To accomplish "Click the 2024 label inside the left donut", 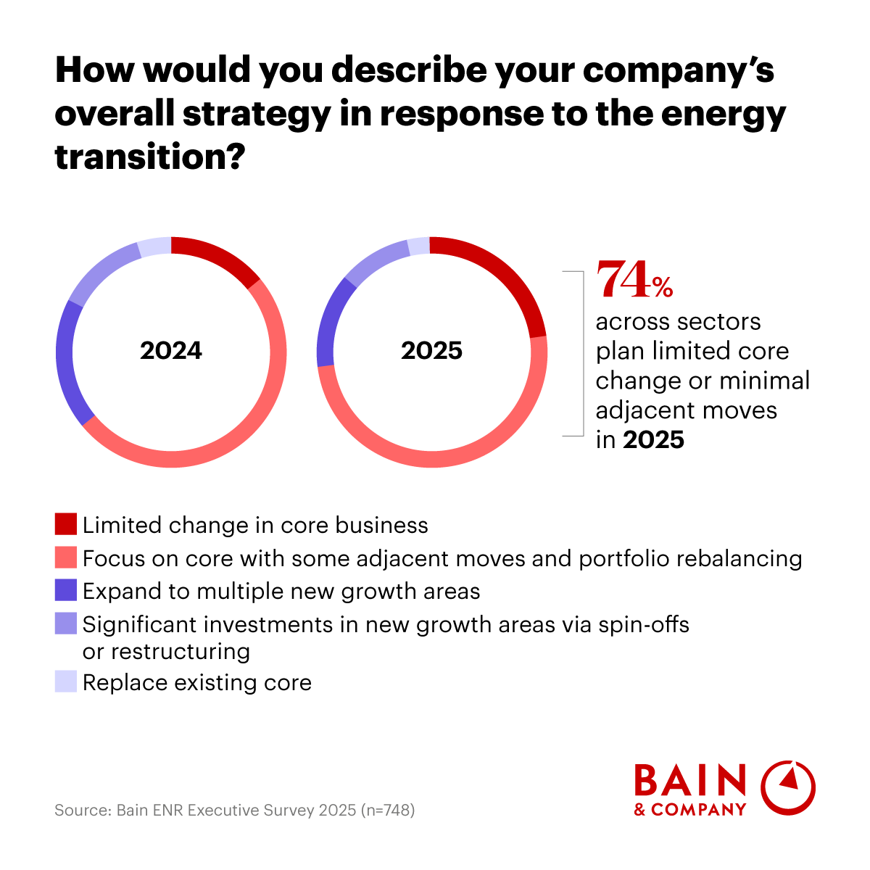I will pos(171,351).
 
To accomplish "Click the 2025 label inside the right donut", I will pos(431,351).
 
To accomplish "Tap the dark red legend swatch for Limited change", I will pos(65,524).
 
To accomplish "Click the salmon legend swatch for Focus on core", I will pos(65,558).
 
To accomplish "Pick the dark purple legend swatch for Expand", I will pos(65,590).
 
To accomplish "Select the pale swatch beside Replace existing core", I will pos(65,681).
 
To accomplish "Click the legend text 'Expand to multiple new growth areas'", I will pos(281,591).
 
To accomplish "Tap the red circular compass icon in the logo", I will pos(788,787).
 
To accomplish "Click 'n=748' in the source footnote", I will pos(388,810).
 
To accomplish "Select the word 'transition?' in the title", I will pos(148,157).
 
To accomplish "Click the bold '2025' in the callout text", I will pos(653,439).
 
